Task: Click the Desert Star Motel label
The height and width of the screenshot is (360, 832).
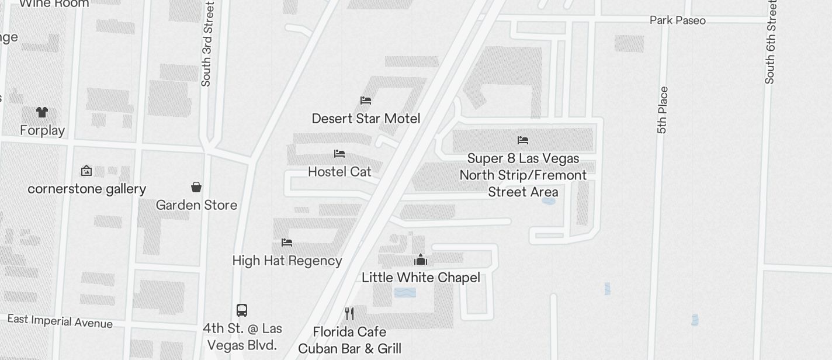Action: [x=366, y=119]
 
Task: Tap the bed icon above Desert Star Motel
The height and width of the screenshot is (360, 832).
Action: [x=366, y=101]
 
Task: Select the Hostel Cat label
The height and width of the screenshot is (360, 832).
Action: [x=339, y=172]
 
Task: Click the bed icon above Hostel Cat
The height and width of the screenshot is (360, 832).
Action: [x=339, y=154]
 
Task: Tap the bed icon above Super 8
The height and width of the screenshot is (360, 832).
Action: [x=523, y=140]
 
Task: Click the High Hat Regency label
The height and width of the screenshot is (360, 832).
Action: [x=287, y=261]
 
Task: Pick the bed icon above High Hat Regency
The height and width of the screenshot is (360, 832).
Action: [x=287, y=243]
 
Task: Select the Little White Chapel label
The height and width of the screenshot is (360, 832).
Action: [x=421, y=278]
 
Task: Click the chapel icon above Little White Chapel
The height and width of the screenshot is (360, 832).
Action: [x=421, y=260]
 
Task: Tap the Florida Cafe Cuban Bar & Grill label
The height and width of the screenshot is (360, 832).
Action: [x=349, y=340]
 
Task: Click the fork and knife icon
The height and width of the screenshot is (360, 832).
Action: [x=349, y=314]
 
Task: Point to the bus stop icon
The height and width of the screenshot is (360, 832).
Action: [x=242, y=310]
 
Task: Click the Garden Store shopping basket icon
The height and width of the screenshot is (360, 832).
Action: [x=196, y=187]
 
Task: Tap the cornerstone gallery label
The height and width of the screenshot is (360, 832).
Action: [x=87, y=189]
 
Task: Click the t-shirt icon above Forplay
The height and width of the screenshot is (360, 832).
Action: [x=41, y=112]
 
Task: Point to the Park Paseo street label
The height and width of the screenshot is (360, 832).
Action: [x=678, y=20]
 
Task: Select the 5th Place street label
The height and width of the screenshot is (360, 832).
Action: [x=662, y=110]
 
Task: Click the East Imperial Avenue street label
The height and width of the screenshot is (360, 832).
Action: [x=60, y=321]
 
